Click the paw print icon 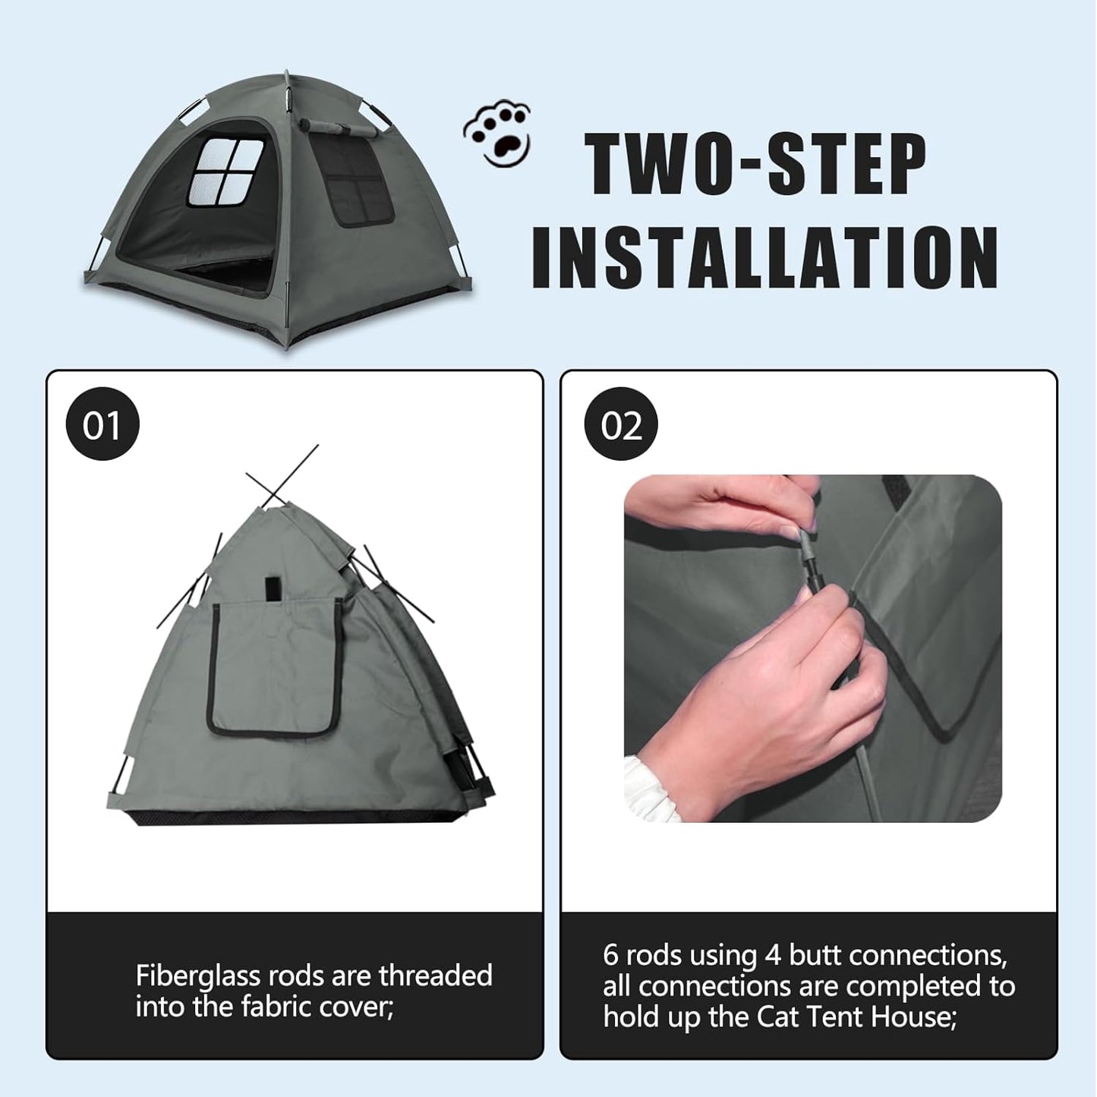coord(497,134)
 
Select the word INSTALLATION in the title coord(764,257)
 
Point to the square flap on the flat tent coord(275,668)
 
